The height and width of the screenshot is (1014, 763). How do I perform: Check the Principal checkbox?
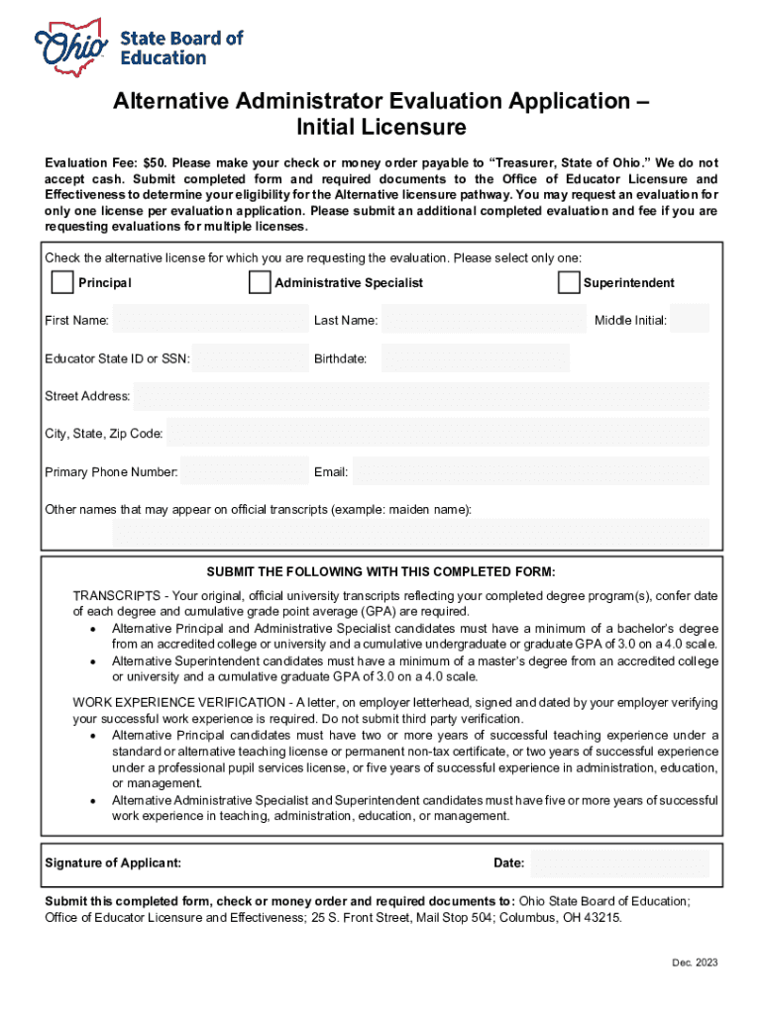point(61,283)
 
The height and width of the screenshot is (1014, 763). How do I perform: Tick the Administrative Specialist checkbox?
point(260,283)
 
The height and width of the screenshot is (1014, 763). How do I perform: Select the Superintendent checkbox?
point(569,283)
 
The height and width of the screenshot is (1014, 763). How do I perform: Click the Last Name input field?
point(484,320)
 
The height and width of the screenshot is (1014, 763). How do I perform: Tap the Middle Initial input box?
point(690,320)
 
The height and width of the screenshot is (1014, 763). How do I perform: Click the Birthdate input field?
point(475,358)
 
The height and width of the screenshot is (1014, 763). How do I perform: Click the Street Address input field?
point(421,396)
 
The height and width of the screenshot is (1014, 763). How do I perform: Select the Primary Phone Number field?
point(246,472)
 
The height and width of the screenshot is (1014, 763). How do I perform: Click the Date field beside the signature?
point(620,863)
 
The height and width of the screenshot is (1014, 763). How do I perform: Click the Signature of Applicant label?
point(113,863)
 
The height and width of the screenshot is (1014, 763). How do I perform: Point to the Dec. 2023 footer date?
point(694,963)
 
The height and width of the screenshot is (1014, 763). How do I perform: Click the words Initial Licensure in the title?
point(381,128)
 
